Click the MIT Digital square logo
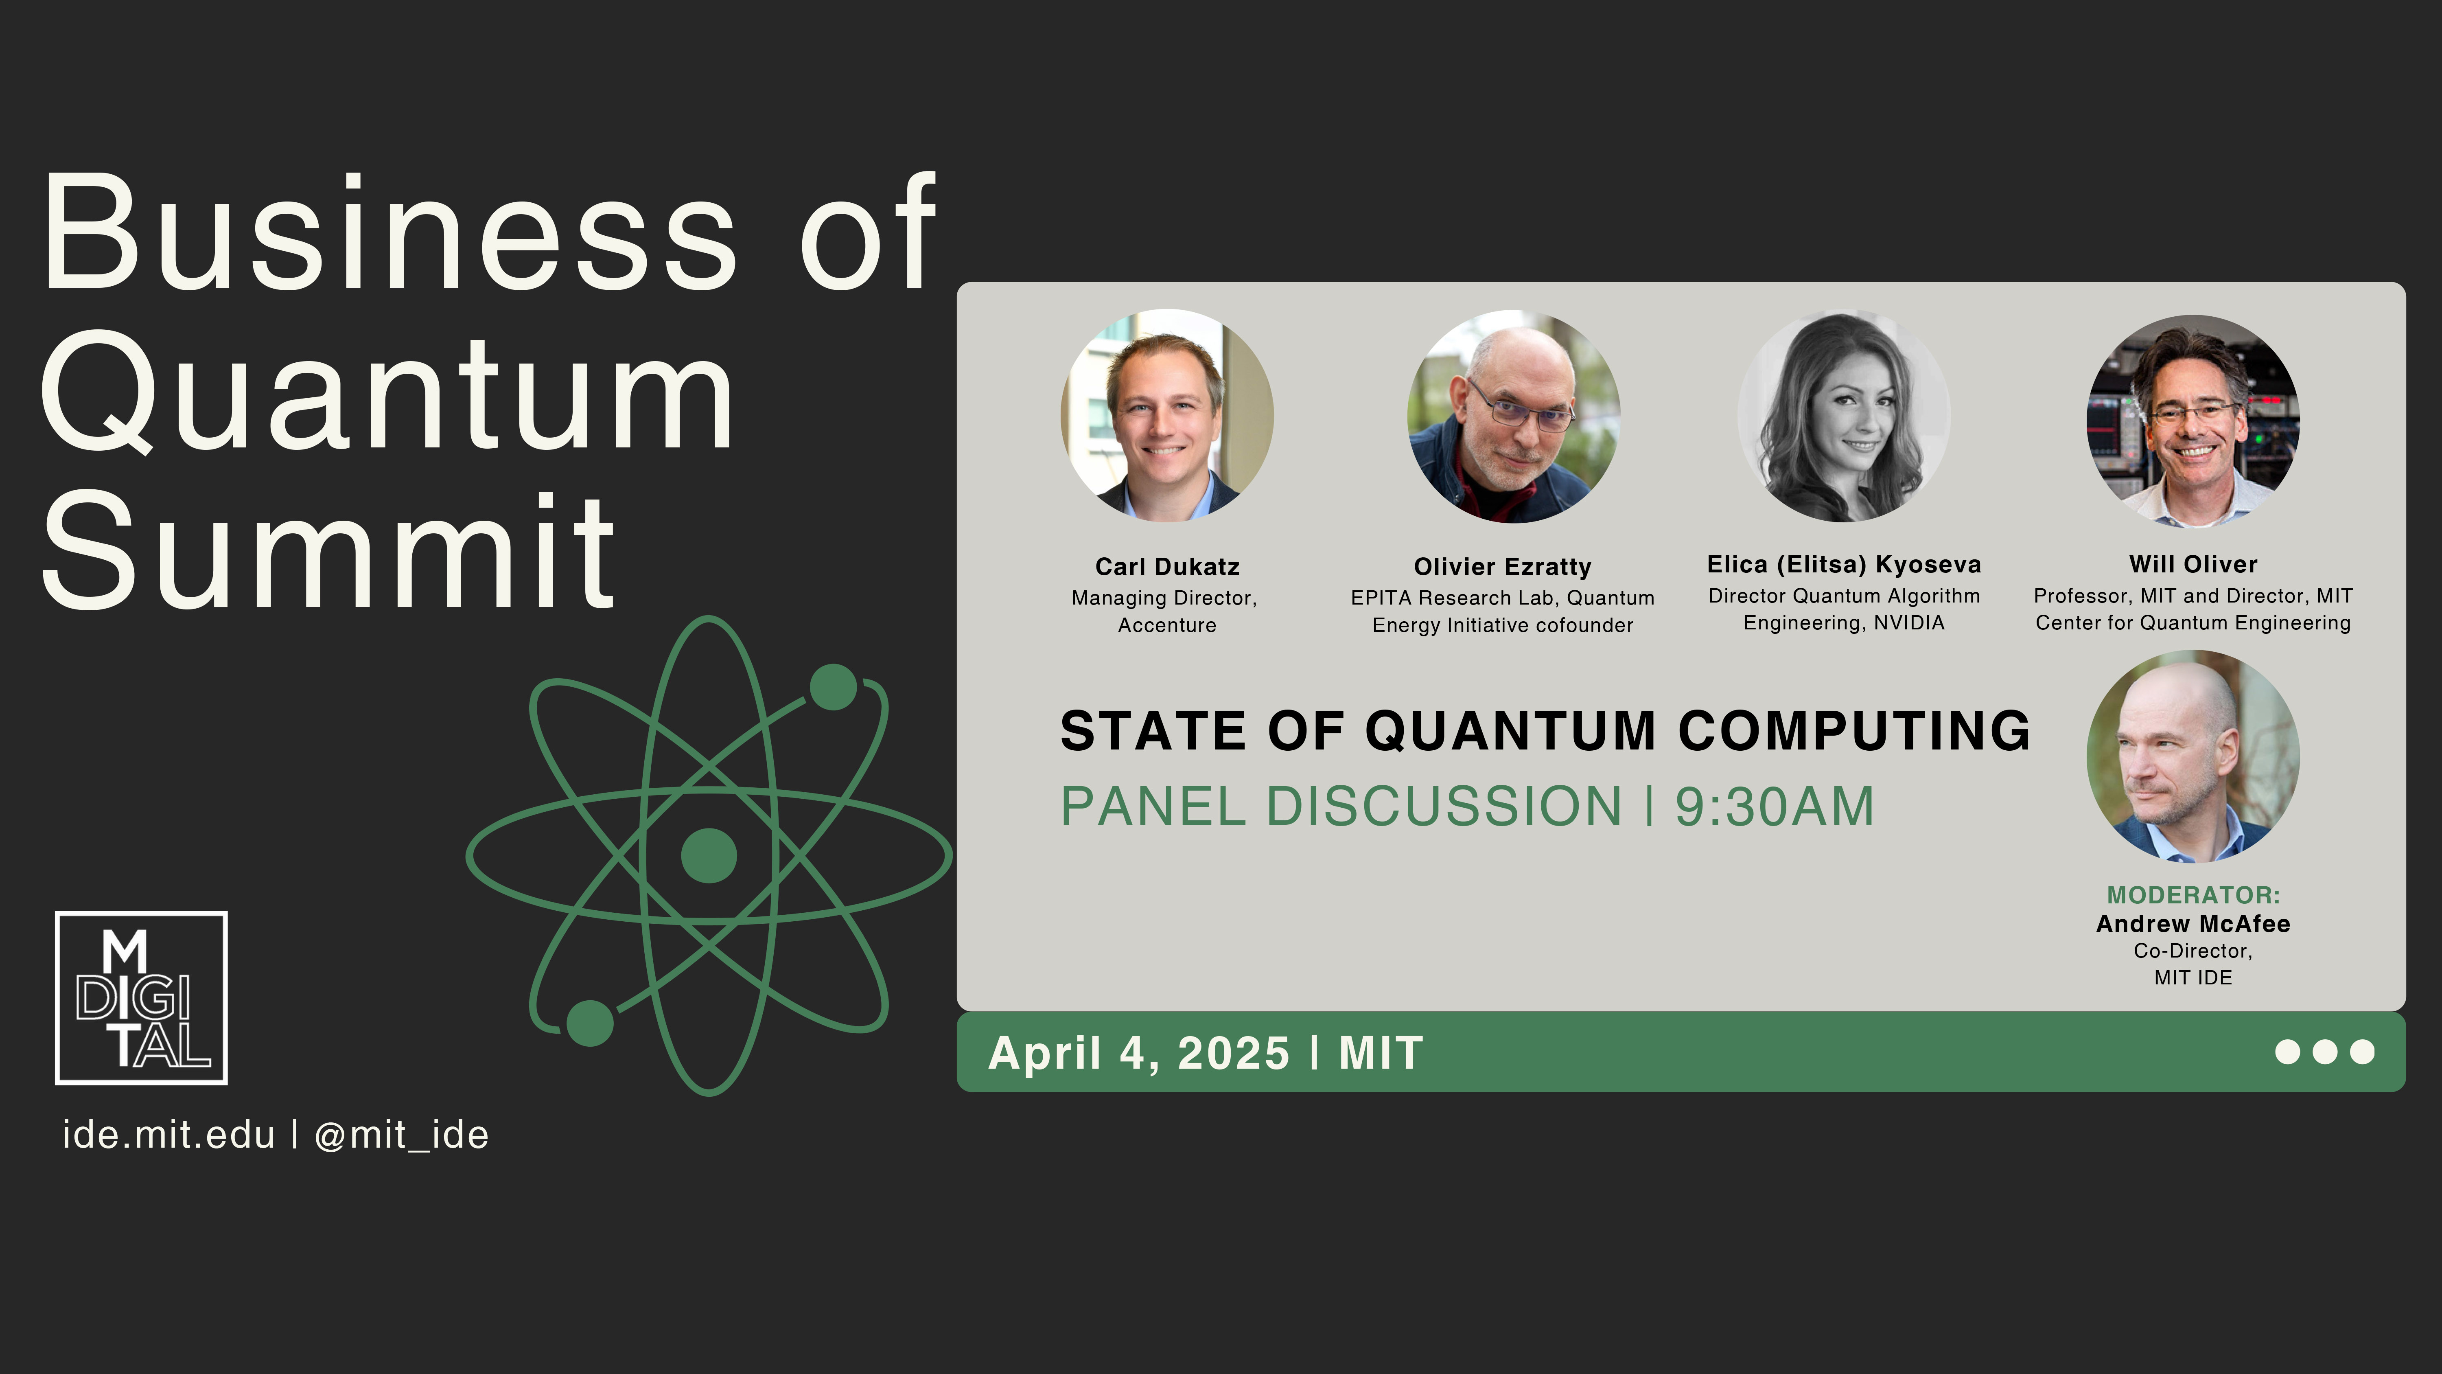(141, 997)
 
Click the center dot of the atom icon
(709, 855)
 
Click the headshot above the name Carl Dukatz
(1167, 415)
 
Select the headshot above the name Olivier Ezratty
(1514, 416)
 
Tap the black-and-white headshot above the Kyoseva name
(1844, 416)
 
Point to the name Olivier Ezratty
(1503, 567)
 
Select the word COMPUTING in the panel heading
(1854, 731)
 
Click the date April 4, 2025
(1138, 1054)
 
